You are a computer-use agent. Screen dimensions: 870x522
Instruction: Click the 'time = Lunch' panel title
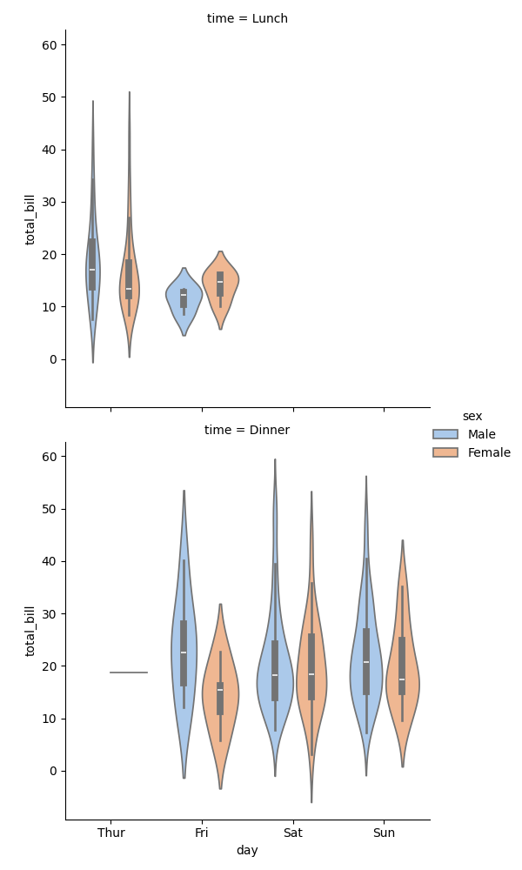click(247, 18)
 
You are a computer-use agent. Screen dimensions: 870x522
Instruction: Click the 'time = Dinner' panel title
click(247, 430)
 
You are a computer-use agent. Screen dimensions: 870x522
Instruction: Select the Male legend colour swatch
click(445, 434)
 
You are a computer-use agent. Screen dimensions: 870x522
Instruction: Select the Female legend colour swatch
click(445, 452)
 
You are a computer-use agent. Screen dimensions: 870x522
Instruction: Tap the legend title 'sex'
click(472, 416)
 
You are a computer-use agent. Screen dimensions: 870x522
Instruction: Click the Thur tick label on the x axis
click(110, 833)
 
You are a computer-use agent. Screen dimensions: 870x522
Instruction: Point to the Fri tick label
click(202, 833)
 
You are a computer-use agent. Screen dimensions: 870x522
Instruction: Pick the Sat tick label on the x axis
click(293, 833)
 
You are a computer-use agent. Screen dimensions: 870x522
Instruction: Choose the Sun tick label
click(384, 833)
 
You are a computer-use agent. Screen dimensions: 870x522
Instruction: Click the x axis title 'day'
click(247, 850)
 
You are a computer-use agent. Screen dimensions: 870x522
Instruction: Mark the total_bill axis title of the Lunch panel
click(30, 219)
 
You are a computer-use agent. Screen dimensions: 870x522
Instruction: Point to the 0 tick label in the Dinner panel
click(51, 771)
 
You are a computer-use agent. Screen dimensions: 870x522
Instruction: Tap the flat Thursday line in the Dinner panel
click(129, 673)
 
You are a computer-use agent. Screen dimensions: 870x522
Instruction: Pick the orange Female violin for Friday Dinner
click(220, 705)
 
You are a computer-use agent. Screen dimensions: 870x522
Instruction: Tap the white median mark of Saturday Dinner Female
click(311, 674)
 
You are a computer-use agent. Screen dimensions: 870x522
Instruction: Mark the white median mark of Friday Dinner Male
click(184, 652)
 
